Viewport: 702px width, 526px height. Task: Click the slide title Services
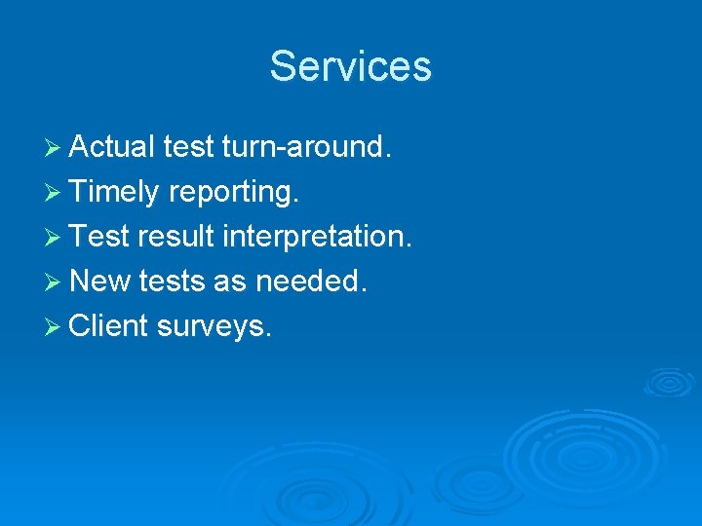(x=350, y=66)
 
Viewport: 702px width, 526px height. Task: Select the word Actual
(x=112, y=146)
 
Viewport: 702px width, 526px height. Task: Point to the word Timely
(x=114, y=192)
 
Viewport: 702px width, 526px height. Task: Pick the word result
(x=178, y=237)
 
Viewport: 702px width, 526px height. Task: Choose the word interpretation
(x=317, y=237)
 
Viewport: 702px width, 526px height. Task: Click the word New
(x=101, y=282)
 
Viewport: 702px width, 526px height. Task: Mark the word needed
(x=310, y=282)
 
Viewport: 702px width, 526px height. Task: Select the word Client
(x=108, y=326)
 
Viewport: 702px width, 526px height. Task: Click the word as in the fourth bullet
(x=229, y=282)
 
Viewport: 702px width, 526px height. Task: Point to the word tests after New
(x=172, y=282)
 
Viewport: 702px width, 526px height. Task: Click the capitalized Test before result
(x=99, y=237)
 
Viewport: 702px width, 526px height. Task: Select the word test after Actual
(x=189, y=146)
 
